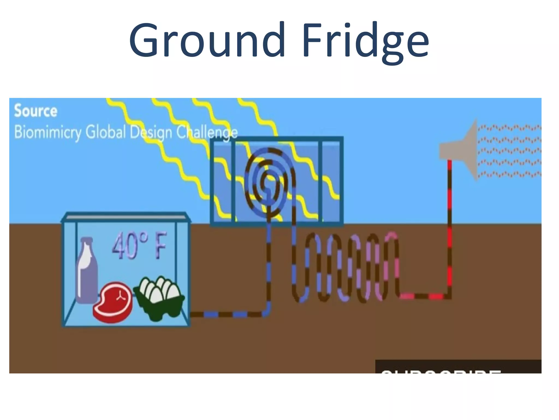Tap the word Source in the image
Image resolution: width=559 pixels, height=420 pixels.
click(x=36, y=111)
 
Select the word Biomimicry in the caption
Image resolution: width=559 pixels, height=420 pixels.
click(x=47, y=132)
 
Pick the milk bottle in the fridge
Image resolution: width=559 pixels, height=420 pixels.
click(x=87, y=271)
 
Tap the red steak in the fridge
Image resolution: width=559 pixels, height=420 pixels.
click(x=113, y=302)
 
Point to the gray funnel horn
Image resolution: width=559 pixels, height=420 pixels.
click(x=461, y=149)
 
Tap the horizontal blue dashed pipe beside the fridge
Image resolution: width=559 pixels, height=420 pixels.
click(x=227, y=314)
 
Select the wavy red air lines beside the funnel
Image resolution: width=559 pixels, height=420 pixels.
click(x=509, y=150)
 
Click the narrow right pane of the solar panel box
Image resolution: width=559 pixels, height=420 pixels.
click(x=331, y=180)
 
